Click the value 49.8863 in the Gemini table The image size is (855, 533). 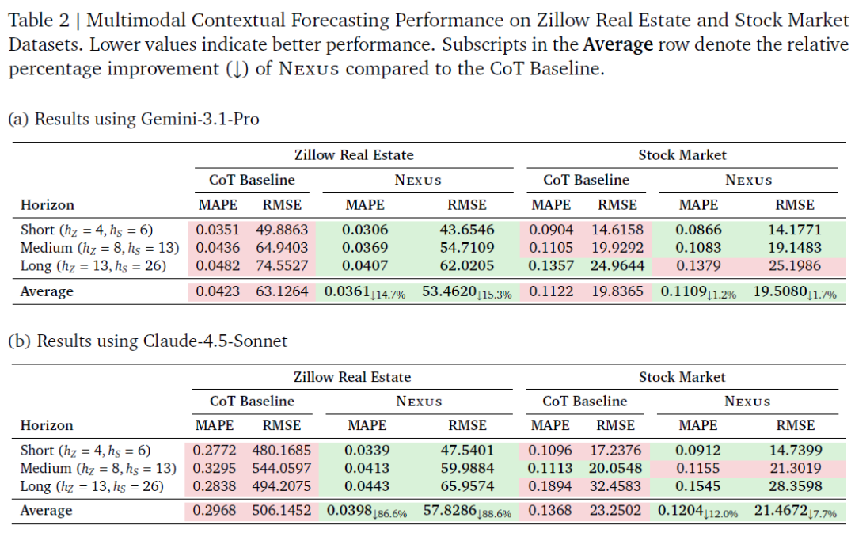click(x=282, y=230)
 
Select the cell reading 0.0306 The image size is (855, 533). click(x=365, y=230)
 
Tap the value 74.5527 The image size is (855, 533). click(x=282, y=265)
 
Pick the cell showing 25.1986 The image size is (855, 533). click(x=795, y=265)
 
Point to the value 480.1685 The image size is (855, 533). click(x=281, y=450)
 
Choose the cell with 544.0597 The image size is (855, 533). click(x=281, y=468)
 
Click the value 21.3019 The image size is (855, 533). click(x=795, y=468)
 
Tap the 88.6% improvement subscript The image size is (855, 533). click(x=495, y=514)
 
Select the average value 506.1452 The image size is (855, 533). click(x=281, y=511)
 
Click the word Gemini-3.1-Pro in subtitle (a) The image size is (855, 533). click(x=200, y=119)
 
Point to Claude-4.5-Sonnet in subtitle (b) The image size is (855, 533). click(x=215, y=341)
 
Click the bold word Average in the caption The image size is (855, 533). click(x=617, y=44)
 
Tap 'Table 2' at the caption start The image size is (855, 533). click(x=40, y=20)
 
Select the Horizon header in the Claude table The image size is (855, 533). click(x=47, y=425)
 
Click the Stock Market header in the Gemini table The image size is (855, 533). click(x=682, y=155)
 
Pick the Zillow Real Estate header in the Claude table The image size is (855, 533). click(x=352, y=377)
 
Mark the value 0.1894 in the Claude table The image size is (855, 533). click(x=549, y=486)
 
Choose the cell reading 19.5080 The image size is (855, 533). click(x=781, y=292)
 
